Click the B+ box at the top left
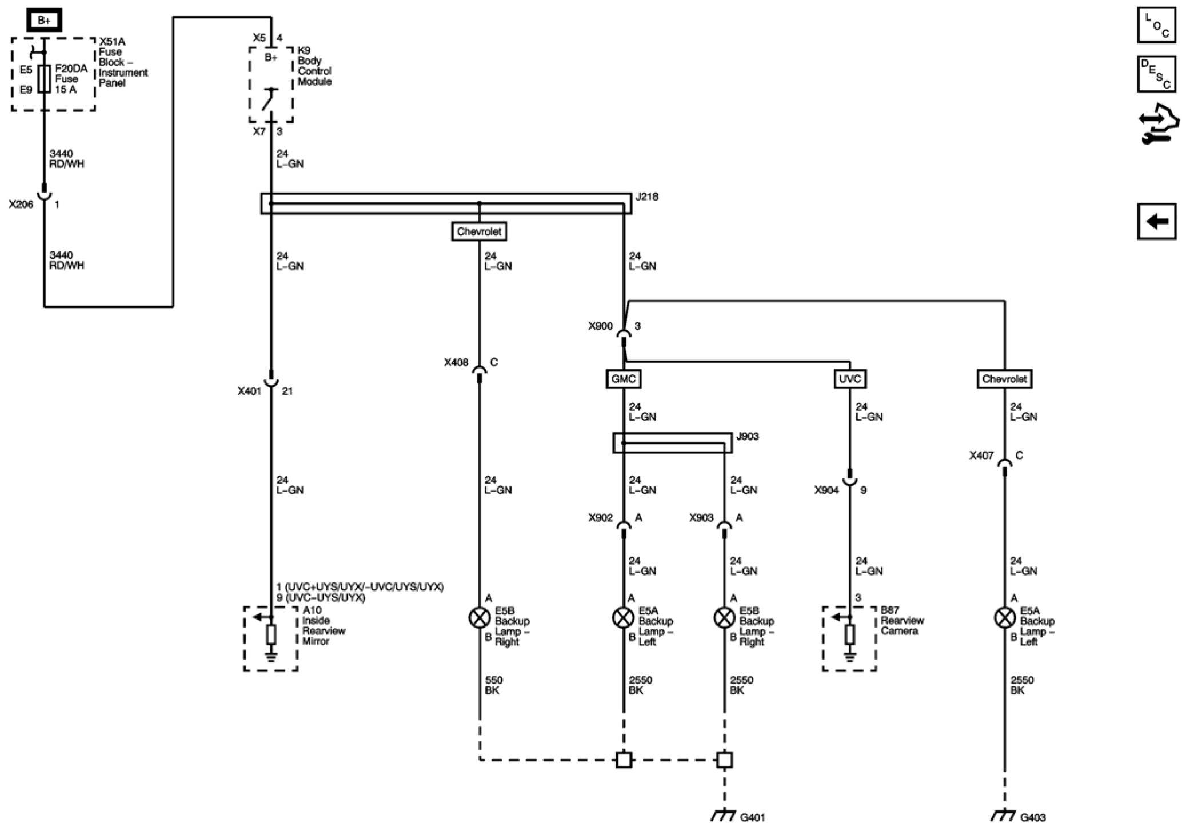pyautogui.click(x=44, y=21)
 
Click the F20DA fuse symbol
pyautogui.click(x=44, y=79)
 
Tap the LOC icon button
pyautogui.click(x=1156, y=25)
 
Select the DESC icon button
pyautogui.click(x=1156, y=74)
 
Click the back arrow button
pyautogui.click(x=1156, y=221)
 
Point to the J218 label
pyautogui.click(x=647, y=197)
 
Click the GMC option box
pyautogui.click(x=623, y=379)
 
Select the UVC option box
pyautogui.click(x=849, y=379)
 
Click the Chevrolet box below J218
pyautogui.click(x=479, y=231)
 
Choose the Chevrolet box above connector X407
pyautogui.click(x=1004, y=379)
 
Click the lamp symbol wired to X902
pyautogui.click(x=623, y=617)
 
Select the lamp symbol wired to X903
pyautogui.click(x=724, y=617)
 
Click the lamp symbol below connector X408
pyautogui.click(x=479, y=617)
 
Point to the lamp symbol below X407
pyautogui.click(x=1004, y=617)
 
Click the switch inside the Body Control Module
pyautogui.click(x=270, y=99)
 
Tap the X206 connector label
pyautogui.click(x=21, y=204)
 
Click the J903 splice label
pyautogui.click(x=748, y=436)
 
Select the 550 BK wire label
pyautogui.click(x=493, y=685)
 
